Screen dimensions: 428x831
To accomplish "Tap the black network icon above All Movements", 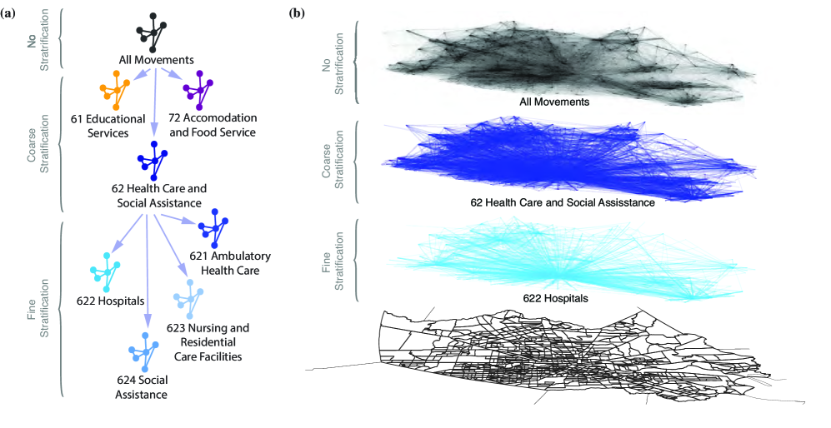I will [x=155, y=31].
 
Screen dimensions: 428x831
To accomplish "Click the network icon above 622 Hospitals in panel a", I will [x=105, y=268].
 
